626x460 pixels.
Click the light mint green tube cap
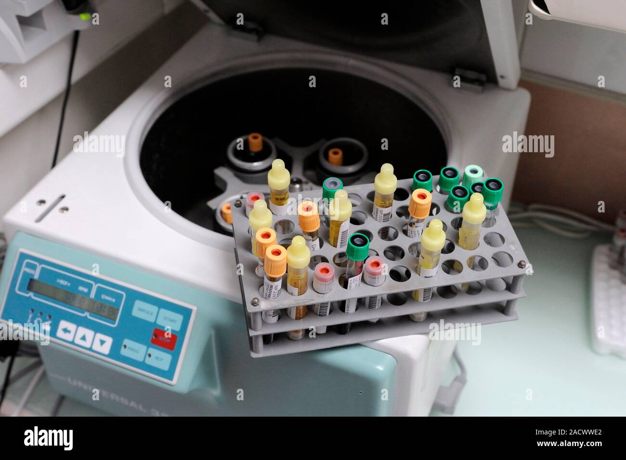point(472,173)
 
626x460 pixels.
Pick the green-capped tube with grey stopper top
point(332,185)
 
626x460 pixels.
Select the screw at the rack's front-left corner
point(255,302)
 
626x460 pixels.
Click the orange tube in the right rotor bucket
point(336,155)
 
